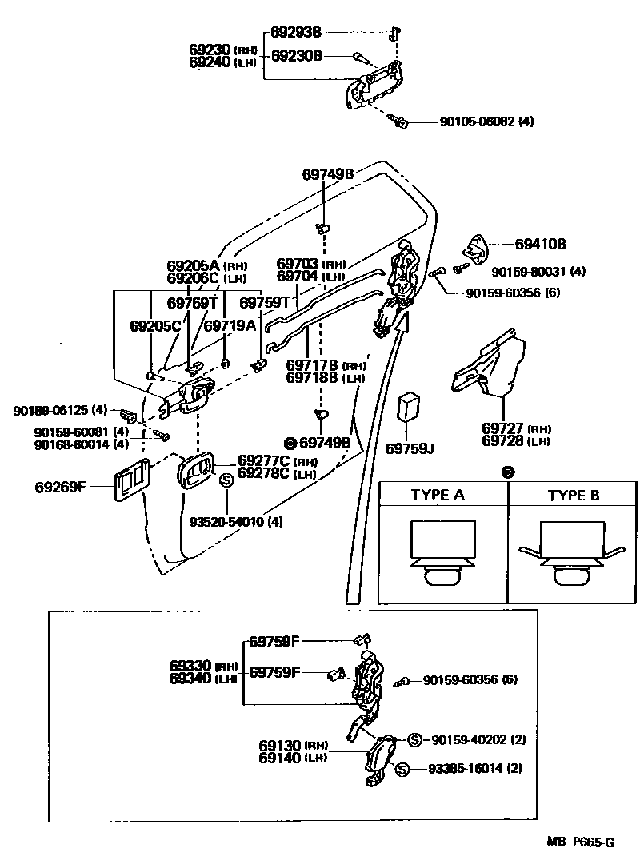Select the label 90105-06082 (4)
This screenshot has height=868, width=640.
pyautogui.click(x=486, y=122)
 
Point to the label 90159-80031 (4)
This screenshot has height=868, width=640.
pyautogui.click(x=538, y=272)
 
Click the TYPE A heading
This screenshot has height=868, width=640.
pyautogui.click(x=437, y=495)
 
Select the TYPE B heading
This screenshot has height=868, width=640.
pyautogui.click(x=573, y=495)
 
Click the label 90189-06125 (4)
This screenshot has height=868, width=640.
pyautogui.click(x=60, y=410)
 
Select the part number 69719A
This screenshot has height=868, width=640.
pyautogui.click(x=230, y=325)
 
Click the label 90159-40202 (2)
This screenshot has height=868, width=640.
pyautogui.click(x=478, y=739)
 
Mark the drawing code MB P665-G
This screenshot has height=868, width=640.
pyautogui.click(x=581, y=842)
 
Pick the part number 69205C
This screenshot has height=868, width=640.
pyautogui.click(x=155, y=325)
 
